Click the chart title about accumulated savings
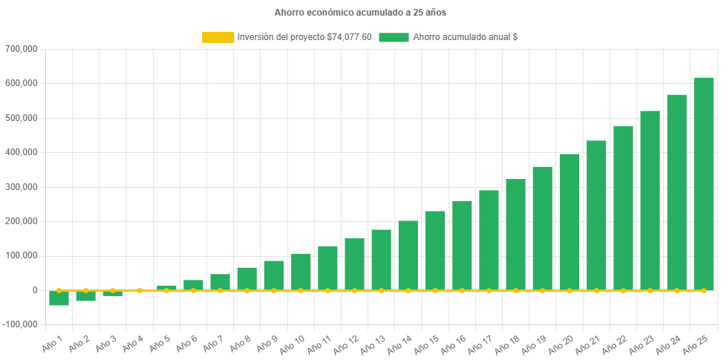(x=360, y=13)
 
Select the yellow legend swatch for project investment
(x=217, y=37)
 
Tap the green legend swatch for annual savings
(x=394, y=37)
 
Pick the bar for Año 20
(x=569, y=222)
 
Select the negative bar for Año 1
(x=59, y=298)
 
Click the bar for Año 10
(x=301, y=272)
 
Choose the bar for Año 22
(x=623, y=209)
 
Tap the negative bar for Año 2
(x=85, y=296)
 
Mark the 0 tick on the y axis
(x=34, y=290)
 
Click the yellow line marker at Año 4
(x=140, y=290)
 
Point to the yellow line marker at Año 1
(x=59, y=290)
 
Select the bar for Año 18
(x=515, y=235)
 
